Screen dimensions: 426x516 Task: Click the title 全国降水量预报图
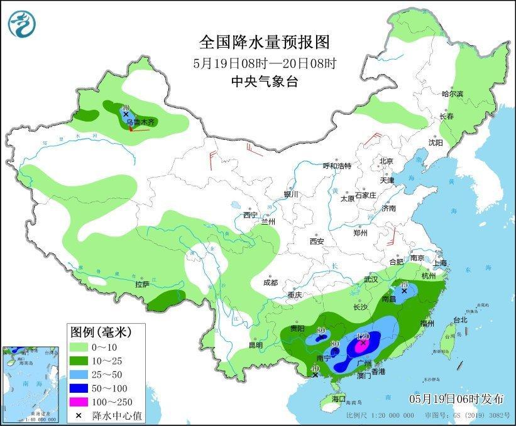pos(264,42)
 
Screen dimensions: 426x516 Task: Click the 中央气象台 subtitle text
pos(264,81)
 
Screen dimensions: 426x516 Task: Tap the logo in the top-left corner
pos(22,23)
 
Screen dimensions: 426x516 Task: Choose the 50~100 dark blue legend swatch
pos(79,387)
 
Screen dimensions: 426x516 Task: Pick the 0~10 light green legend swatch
pos(79,346)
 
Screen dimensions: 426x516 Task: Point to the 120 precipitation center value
pos(363,336)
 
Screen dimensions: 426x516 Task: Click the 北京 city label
pos(386,161)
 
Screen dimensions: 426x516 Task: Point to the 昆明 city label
pos(255,345)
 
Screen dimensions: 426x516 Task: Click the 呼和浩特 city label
pos(337,166)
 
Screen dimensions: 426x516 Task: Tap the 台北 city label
pos(459,320)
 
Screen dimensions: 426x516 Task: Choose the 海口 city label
pos(339,399)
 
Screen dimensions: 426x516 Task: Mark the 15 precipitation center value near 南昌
pos(405,285)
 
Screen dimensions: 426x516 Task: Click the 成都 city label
pos(270,282)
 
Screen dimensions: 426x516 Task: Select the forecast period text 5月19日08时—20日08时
pos(264,63)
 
